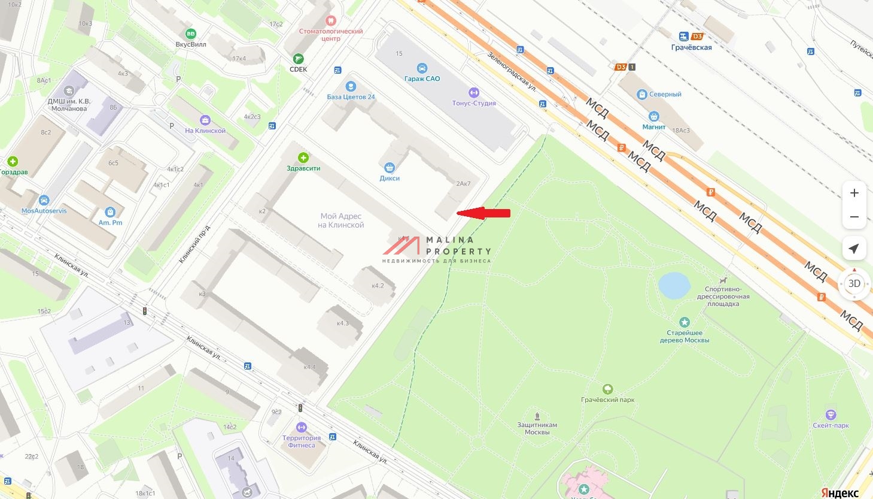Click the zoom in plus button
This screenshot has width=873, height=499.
click(x=854, y=193)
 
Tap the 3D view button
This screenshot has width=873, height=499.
click(x=854, y=283)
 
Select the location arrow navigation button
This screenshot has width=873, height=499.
click(x=854, y=249)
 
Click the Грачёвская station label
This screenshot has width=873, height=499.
click(x=691, y=47)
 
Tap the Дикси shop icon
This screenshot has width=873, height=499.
click(x=390, y=168)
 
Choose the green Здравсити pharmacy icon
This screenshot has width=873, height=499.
click(x=303, y=158)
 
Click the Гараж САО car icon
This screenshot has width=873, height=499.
click(x=422, y=68)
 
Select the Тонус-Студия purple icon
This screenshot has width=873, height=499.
click(x=474, y=92)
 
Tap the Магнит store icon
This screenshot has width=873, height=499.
click(x=654, y=116)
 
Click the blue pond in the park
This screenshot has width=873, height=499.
click(x=674, y=285)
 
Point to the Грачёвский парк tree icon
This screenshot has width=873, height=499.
click(x=608, y=389)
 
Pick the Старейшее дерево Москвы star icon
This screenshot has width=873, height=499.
click(x=685, y=322)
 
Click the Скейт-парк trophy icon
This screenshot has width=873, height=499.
click(x=831, y=415)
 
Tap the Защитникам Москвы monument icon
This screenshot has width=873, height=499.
click(x=537, y=416)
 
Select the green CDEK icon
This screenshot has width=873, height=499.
click(x=298, y=59)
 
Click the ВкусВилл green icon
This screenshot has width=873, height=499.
click(x=191, y=34)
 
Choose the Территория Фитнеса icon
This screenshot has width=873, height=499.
click(x=302, y=427)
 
